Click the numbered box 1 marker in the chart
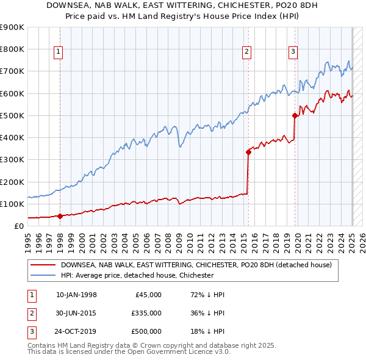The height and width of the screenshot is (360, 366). (59, 52)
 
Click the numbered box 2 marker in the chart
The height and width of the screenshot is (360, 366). (247, 52)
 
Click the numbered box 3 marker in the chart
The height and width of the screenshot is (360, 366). (293, 52)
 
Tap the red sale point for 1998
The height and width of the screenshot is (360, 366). (60, 215)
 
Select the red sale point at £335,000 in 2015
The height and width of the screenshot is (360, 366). (248, 152)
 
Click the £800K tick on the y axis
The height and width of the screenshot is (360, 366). (12, 49)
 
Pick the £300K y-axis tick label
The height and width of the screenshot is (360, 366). (12, 160)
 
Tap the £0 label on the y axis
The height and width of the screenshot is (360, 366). (18, 226)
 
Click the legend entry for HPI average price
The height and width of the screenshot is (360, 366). (137, 275)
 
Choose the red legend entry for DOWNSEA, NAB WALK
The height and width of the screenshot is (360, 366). (195, 265)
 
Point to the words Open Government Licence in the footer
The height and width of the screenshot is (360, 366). (183, 352)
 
